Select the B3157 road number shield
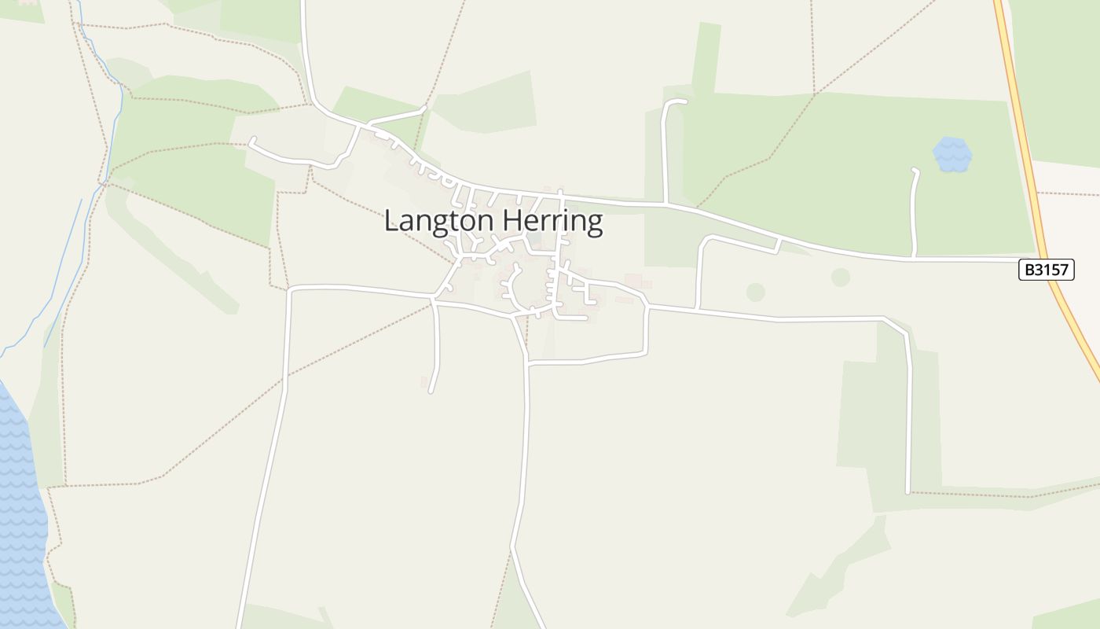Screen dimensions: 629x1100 tap(1046, 270)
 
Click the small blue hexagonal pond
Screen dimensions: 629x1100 tap(952, 154)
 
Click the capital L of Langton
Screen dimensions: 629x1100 tap(391, 220)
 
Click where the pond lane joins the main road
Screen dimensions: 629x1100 tap(913, 257)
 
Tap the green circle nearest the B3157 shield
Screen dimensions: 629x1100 tap(841, 277)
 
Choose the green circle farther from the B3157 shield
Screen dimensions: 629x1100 tap(755, 292)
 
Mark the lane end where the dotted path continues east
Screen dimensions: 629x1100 tap(908, 492)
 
